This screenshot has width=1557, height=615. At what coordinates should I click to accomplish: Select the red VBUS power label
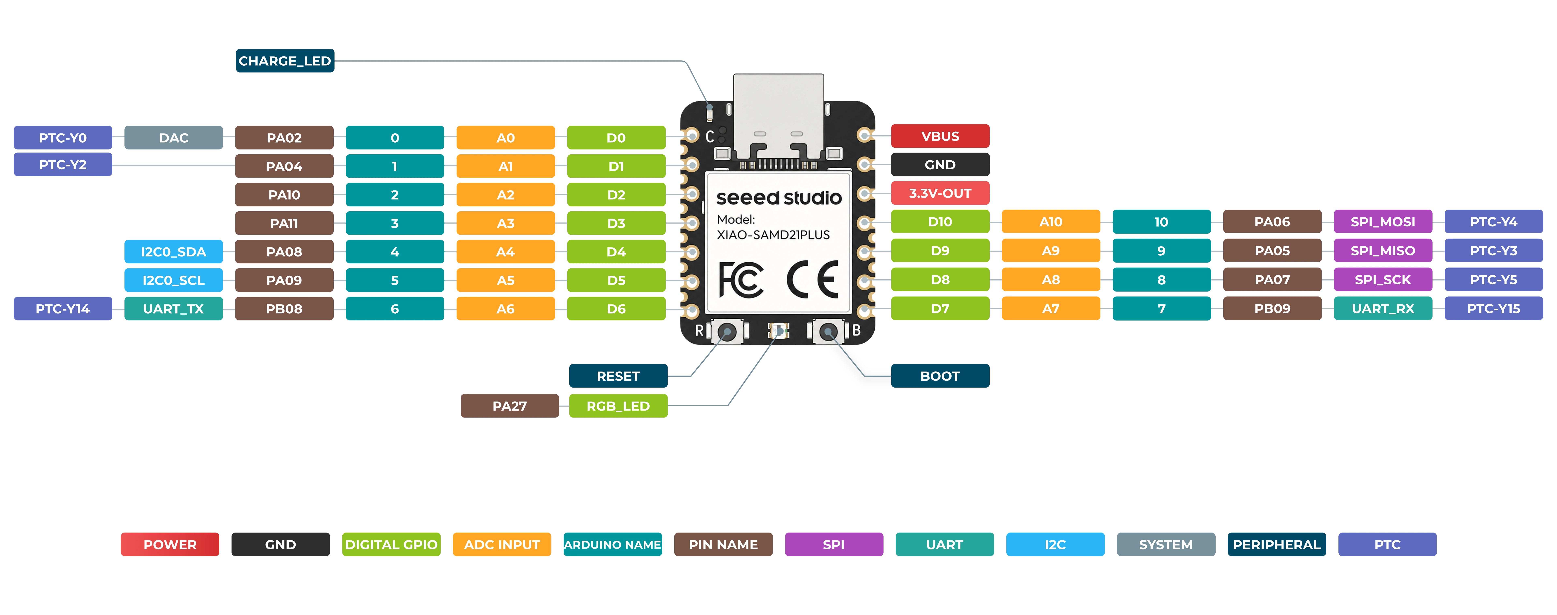pos(940,136)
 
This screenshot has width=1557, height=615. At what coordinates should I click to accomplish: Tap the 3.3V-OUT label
pos(940,193)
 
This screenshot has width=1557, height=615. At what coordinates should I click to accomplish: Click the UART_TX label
pos(174,309)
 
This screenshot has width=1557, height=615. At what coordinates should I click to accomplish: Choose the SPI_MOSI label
pos(1383,222)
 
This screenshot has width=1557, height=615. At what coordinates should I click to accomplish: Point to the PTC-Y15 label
pos(1494,309)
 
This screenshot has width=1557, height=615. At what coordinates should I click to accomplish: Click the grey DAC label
pos(174,138)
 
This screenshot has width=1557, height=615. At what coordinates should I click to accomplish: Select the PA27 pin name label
pos(509,406)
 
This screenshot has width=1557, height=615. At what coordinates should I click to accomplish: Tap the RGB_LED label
pos(618,406)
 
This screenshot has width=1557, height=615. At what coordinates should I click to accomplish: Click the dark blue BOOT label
pos(940,376)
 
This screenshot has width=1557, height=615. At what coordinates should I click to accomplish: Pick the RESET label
pos(618,376)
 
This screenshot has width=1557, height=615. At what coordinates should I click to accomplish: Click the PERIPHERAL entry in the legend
pos(1277,544)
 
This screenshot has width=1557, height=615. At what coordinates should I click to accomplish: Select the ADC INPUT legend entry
pos(502,544)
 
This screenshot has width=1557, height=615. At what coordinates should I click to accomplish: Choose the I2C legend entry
pos(1055,544)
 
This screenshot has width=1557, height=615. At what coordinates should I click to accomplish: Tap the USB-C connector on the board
pos(778,118)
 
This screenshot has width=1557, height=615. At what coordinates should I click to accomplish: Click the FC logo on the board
pos(740,280)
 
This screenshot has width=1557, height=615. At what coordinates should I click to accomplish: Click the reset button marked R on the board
pos(727,332)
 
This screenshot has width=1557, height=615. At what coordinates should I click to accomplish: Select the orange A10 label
pos(1051,222)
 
